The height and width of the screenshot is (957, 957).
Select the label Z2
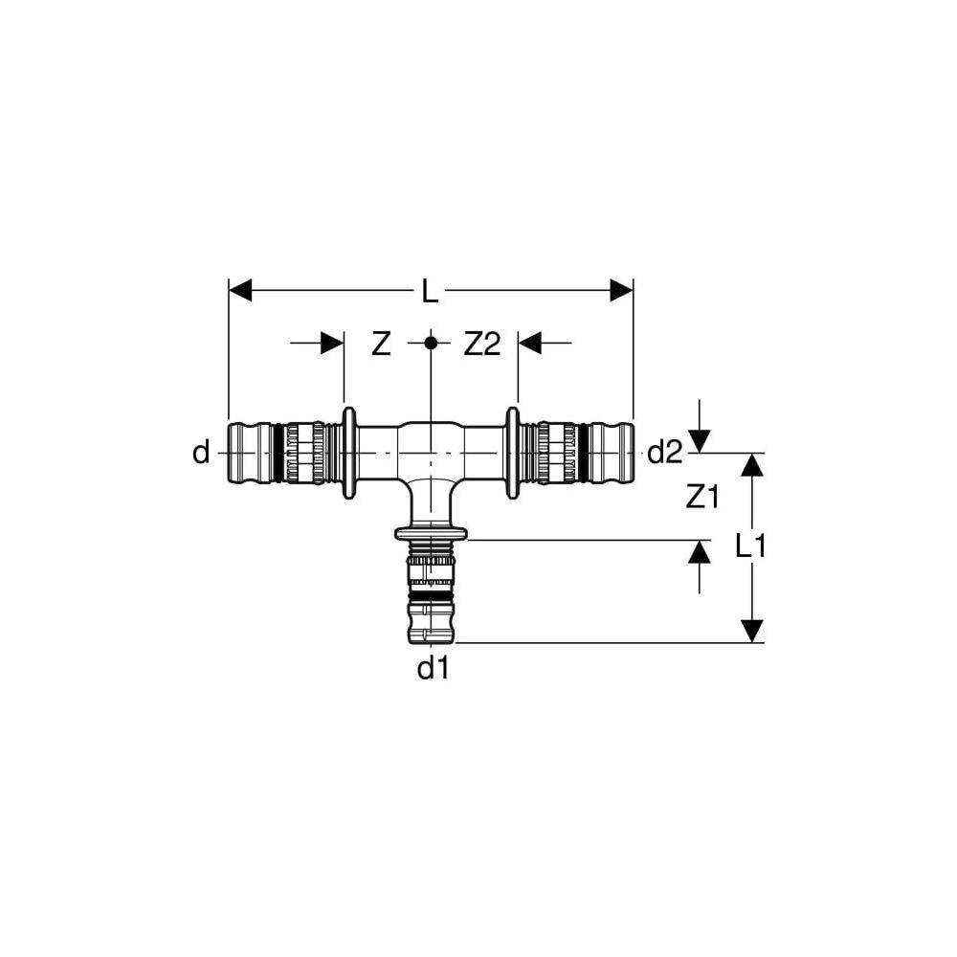tap(482, 345)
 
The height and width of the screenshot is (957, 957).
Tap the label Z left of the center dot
tap(381, 345)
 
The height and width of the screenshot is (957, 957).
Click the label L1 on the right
tap(752, 546)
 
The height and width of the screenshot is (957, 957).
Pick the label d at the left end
tap(200, 453)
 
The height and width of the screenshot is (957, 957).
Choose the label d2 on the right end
tap(665, 453)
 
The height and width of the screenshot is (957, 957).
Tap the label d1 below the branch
tap(432, 669)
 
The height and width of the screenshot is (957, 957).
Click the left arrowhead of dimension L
tap(240, 291)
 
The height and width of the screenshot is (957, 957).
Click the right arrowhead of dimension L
tap(622, 291)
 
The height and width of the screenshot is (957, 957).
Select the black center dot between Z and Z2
tap(431, 342)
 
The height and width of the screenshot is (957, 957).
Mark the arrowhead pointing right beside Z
tap(332, 342)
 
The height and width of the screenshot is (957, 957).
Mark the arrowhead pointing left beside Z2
tap(529, 342)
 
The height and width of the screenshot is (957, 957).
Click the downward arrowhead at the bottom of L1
tap(753, 631)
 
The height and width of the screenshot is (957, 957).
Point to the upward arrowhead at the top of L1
tap(753, 465)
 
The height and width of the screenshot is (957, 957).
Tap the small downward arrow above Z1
tap(701, 441)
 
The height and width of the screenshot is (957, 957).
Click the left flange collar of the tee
tap(349, 453)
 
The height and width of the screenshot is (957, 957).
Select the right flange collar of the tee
tap(513, 453)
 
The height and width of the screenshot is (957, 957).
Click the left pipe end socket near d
tap(251, 453)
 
